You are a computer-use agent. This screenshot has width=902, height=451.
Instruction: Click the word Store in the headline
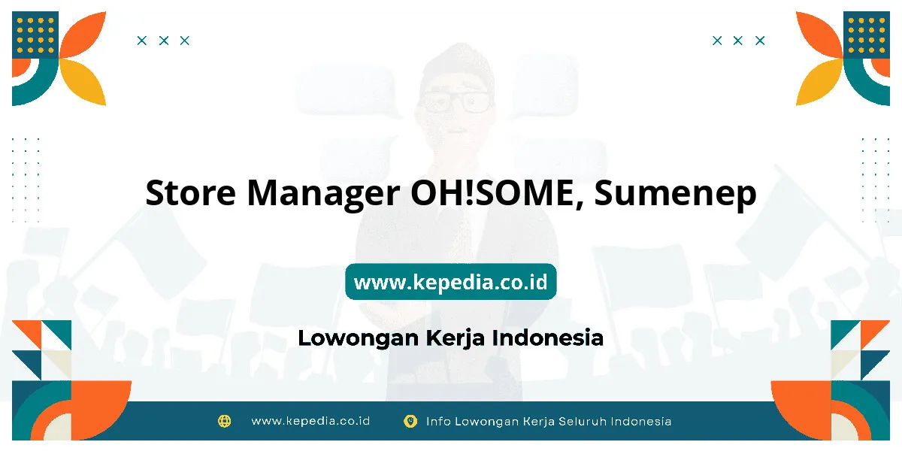190,192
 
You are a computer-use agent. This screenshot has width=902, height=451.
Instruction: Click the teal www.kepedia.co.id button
450,281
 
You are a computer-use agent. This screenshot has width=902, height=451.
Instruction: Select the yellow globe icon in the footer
224,421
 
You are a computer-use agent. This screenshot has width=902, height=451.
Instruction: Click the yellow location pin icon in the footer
410,421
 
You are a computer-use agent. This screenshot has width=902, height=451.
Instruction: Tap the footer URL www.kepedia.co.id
310,421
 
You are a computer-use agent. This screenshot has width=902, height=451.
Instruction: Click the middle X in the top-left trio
164,41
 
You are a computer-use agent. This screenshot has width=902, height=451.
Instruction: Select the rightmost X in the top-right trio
760,41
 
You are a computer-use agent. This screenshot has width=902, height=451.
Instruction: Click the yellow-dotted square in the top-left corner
35,35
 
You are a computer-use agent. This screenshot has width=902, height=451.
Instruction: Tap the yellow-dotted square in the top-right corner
867,35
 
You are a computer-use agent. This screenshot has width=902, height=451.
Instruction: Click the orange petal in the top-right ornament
819,35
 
